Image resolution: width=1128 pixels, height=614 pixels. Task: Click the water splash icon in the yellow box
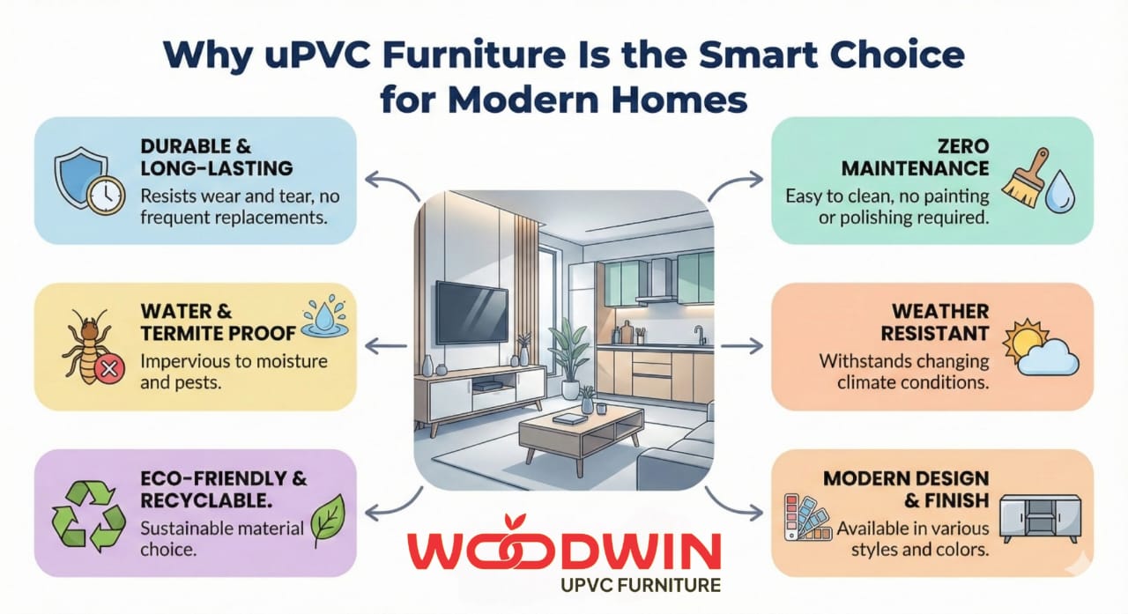tap(324, 320)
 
